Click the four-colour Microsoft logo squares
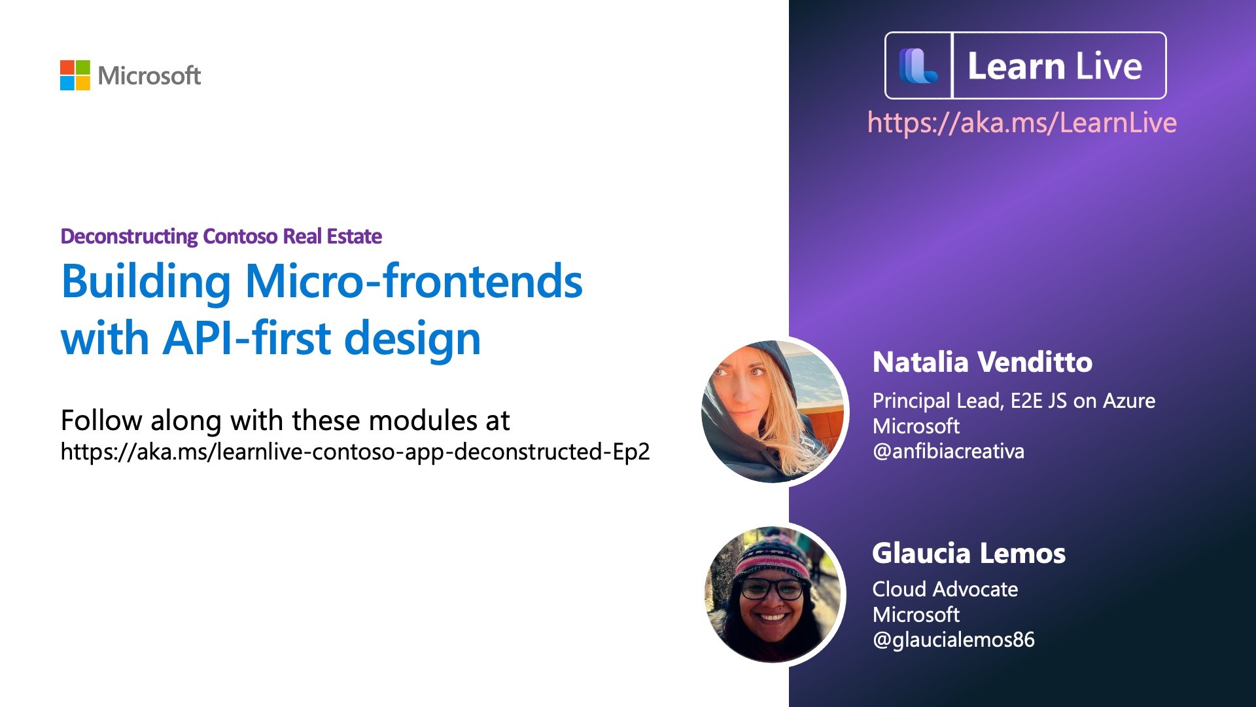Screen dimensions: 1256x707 click(x=75, y=75)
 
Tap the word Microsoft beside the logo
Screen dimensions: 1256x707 click(x=149, y=76)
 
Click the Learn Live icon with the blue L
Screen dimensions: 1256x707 click(x=918, y=66)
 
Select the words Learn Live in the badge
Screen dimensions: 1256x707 click(x=1055, y=66)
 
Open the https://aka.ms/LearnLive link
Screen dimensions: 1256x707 click(x=1022, y=123)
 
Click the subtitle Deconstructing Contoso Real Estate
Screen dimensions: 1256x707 click(x=221, y=236)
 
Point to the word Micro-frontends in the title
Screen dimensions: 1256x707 click(x=413, y=281)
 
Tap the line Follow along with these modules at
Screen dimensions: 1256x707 click(x=285, y=420)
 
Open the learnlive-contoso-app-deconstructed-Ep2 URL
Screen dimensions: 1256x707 click(x=355, y=452)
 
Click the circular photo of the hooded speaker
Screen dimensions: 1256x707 click(x=773, y=412)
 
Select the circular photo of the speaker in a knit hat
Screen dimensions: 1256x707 click(x=773, y=594)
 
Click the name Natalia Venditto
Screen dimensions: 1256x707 click(x=983, y=362)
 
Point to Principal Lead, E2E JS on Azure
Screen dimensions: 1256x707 click(x=1014, y=401)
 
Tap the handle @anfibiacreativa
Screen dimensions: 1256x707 click(x=949, y=452)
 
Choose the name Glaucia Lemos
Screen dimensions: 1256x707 click(x=969, y=554)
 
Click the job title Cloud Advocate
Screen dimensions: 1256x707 click(x=945, y=589)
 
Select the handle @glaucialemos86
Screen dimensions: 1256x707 click(x=954, y=640)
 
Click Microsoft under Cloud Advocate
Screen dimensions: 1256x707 click(x=916, y=615)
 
